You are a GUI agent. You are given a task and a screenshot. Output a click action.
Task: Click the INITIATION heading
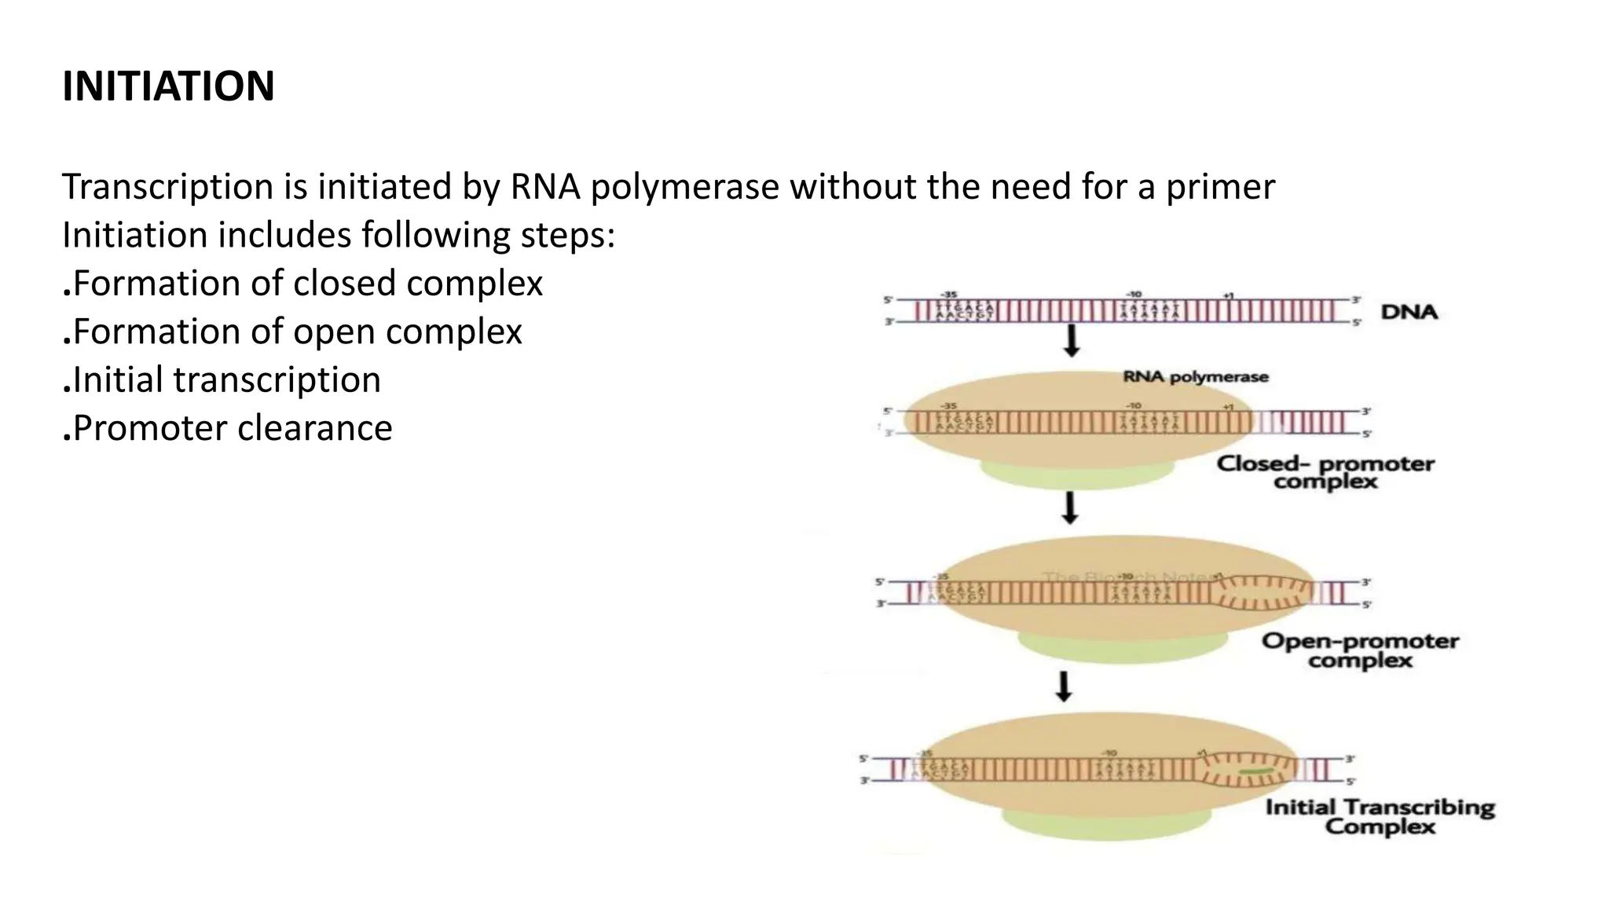(168, 86)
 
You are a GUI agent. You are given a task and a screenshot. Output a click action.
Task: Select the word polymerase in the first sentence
(684, 188)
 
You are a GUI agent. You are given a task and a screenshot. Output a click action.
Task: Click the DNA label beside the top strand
(1409, 312)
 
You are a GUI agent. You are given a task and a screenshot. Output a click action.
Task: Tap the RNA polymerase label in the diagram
(1196, 377)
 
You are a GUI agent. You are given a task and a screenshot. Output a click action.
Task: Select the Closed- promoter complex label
(1325, 472)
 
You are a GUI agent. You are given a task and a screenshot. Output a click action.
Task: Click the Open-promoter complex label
(1360, 650)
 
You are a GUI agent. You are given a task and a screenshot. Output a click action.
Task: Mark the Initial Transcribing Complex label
(1380, 817)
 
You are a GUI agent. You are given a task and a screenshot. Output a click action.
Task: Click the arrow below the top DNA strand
(1072, 339)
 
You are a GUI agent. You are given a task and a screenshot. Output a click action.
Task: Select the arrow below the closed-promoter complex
(1069, 507)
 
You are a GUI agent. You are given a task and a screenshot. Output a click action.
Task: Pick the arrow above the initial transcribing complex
(1064, 685)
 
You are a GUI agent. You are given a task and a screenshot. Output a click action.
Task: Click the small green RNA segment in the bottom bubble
(1254, 773)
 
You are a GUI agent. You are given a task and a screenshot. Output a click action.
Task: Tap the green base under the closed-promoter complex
(1077, 474)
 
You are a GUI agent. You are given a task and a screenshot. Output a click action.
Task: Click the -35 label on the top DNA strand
(949, 295)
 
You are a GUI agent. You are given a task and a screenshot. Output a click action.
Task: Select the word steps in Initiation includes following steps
(568, 236)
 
